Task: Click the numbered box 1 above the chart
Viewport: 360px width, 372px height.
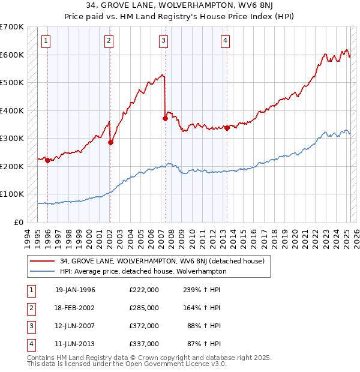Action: (x=46, y=41)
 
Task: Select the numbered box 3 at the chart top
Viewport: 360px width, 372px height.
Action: (x=163, y=41)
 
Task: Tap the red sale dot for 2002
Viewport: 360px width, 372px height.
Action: (x=110, y=143)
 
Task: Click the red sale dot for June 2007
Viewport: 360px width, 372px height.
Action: (x=165, y=118)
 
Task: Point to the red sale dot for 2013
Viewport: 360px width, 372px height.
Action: (x=227, y=128)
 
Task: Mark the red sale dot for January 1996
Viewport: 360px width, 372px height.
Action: (x=47, y=160)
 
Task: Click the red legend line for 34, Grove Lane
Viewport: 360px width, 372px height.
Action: (x=43, y=260)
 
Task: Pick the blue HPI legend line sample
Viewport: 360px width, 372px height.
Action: (x=43, y=271)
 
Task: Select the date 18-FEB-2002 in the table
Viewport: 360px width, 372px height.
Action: (x=75, y=308)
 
